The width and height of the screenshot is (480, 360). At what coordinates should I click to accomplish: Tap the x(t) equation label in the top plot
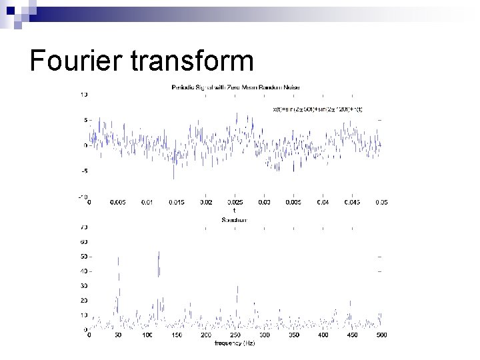tap(318, 109)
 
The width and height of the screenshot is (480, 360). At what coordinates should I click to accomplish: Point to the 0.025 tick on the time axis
tap(235, 202)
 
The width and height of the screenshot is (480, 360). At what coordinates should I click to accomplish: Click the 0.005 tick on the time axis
tap(117, 202)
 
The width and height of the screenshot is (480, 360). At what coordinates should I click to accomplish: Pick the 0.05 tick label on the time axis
tap(381, 202)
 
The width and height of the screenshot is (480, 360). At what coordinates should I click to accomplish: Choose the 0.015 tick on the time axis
tap(176, 202)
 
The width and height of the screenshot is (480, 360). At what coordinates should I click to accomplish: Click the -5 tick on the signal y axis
tap(84, 171)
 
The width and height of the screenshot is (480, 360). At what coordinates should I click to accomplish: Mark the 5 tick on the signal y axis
tap(85, 120)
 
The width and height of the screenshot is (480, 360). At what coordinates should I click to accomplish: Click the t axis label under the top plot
tap(233, 211)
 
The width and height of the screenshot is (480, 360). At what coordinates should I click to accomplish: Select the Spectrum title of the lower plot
tap(234, 219)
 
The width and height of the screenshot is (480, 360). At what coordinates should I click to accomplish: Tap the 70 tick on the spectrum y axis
tap(83, 227)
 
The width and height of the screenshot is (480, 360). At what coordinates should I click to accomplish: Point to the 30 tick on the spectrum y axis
tap(83, 285)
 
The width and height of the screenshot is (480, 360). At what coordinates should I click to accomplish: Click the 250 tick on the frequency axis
tap(235, 335)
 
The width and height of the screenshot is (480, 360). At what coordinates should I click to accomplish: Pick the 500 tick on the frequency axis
tap(381, 335)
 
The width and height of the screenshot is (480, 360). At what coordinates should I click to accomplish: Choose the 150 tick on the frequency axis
tap(177, 335)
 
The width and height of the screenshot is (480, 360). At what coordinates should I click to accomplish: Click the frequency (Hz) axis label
tap(234, 343)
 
